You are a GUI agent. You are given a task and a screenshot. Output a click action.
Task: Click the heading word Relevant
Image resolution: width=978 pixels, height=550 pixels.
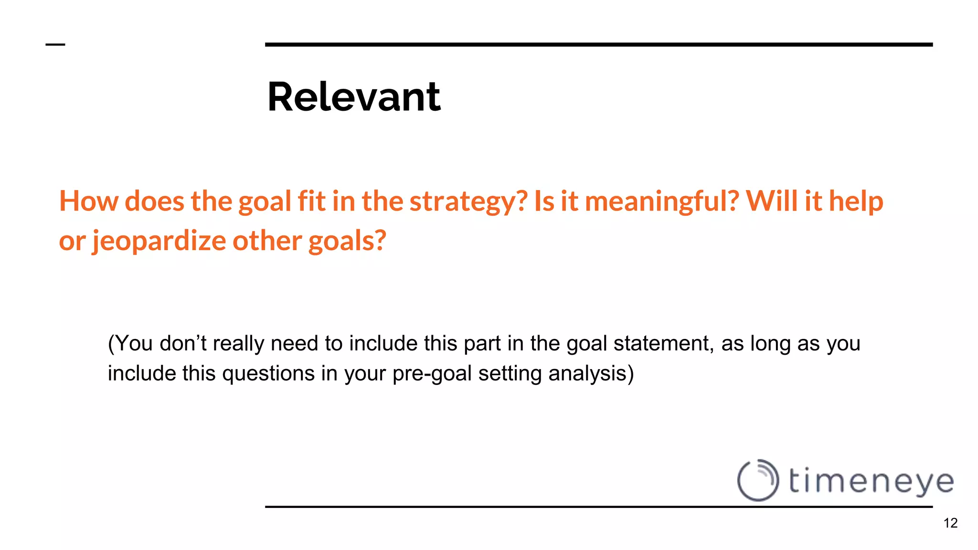click(x=354, y=97)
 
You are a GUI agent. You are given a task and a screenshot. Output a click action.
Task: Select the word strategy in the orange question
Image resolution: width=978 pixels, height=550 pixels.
click(x=468, y=201)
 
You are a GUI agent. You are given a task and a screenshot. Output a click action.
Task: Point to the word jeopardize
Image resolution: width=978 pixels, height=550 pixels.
click(x=159, y=240)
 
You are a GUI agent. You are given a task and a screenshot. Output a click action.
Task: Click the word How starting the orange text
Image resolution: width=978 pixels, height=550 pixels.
click(x=88, y=201)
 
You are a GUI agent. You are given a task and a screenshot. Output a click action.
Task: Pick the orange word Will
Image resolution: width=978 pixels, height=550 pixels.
click(x=772, y=201)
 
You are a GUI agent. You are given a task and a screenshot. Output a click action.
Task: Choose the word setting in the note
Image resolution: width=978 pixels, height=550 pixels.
click(x=510, y=373)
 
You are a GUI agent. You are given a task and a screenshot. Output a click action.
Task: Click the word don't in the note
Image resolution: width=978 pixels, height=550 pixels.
click(x=183, y=343)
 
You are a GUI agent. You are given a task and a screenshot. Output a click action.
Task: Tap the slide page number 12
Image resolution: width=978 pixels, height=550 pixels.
click(x=950, y=523)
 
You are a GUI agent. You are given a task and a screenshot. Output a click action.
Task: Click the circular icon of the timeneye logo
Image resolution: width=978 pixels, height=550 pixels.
click(x=758, y=480)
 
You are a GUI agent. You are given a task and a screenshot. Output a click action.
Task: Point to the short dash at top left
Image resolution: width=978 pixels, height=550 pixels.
click(x=55, y=45)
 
